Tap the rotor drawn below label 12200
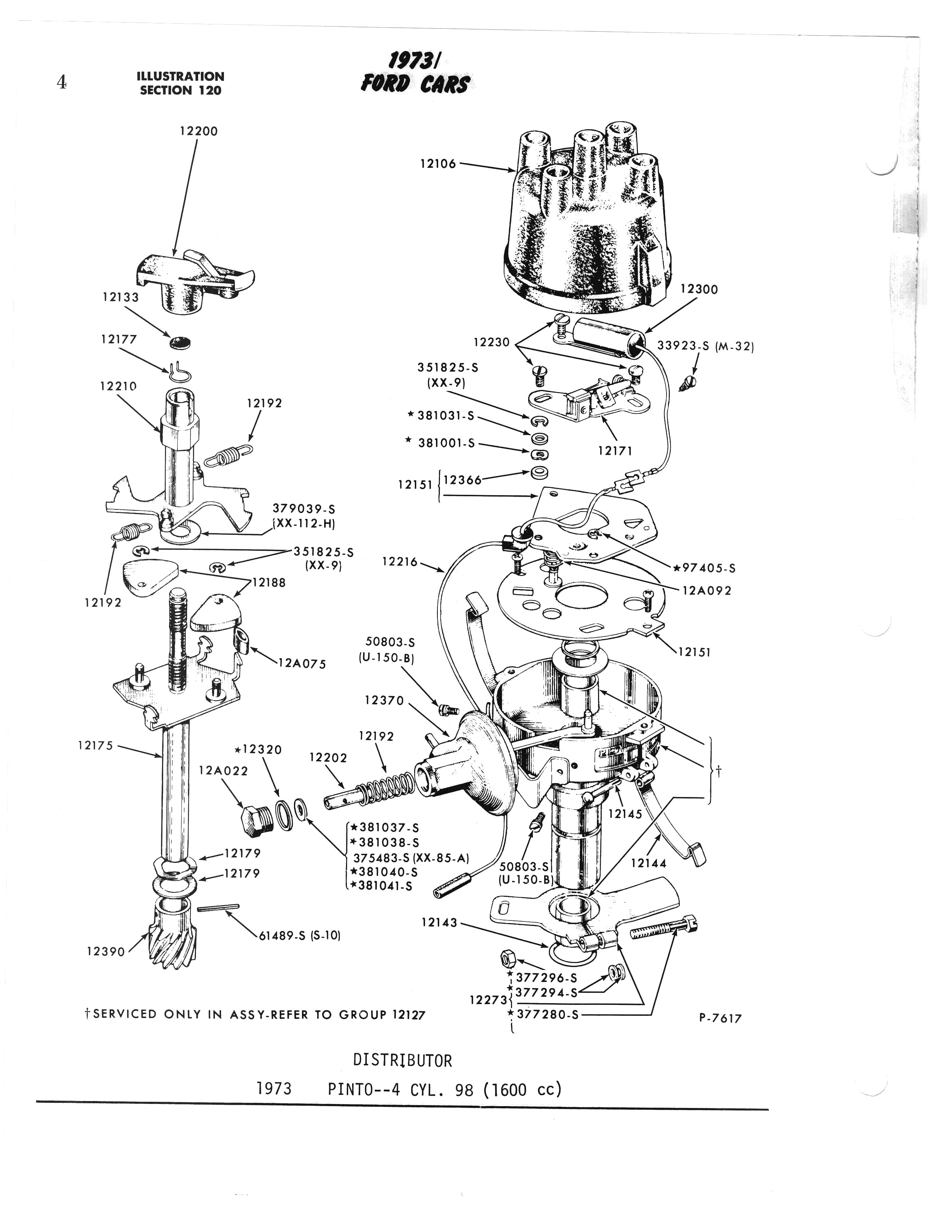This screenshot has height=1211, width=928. pyautogui.click(x=193, y=279)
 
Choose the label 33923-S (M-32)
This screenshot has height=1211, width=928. pyautogui.click(x=705, y=346)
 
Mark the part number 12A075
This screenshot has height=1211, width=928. pyautogui.click(x=302, y=663)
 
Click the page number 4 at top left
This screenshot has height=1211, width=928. pyautogui.click(x=61, y=82)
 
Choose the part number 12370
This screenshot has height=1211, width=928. pyautogui.click(x=385, y=700)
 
